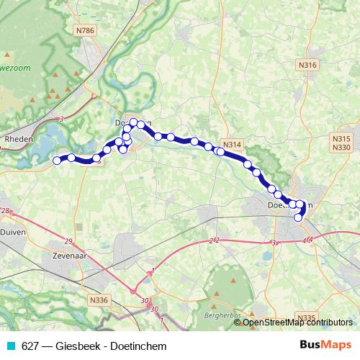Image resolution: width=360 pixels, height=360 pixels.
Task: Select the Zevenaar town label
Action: (58, 255)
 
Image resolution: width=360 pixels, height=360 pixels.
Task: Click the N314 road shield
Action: (232, 145)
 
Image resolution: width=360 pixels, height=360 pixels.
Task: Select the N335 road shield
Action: (306, 317)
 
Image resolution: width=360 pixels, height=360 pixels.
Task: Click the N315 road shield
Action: (341, 138)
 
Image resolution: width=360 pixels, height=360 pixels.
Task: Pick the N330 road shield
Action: (341, 147)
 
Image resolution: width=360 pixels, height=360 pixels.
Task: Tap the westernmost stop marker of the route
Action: (58, 161)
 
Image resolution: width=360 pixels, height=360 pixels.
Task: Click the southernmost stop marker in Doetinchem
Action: (298, 217)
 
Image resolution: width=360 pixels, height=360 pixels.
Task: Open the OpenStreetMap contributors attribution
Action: (297, 322)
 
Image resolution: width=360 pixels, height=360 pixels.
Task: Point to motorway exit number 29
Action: (69, 240)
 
